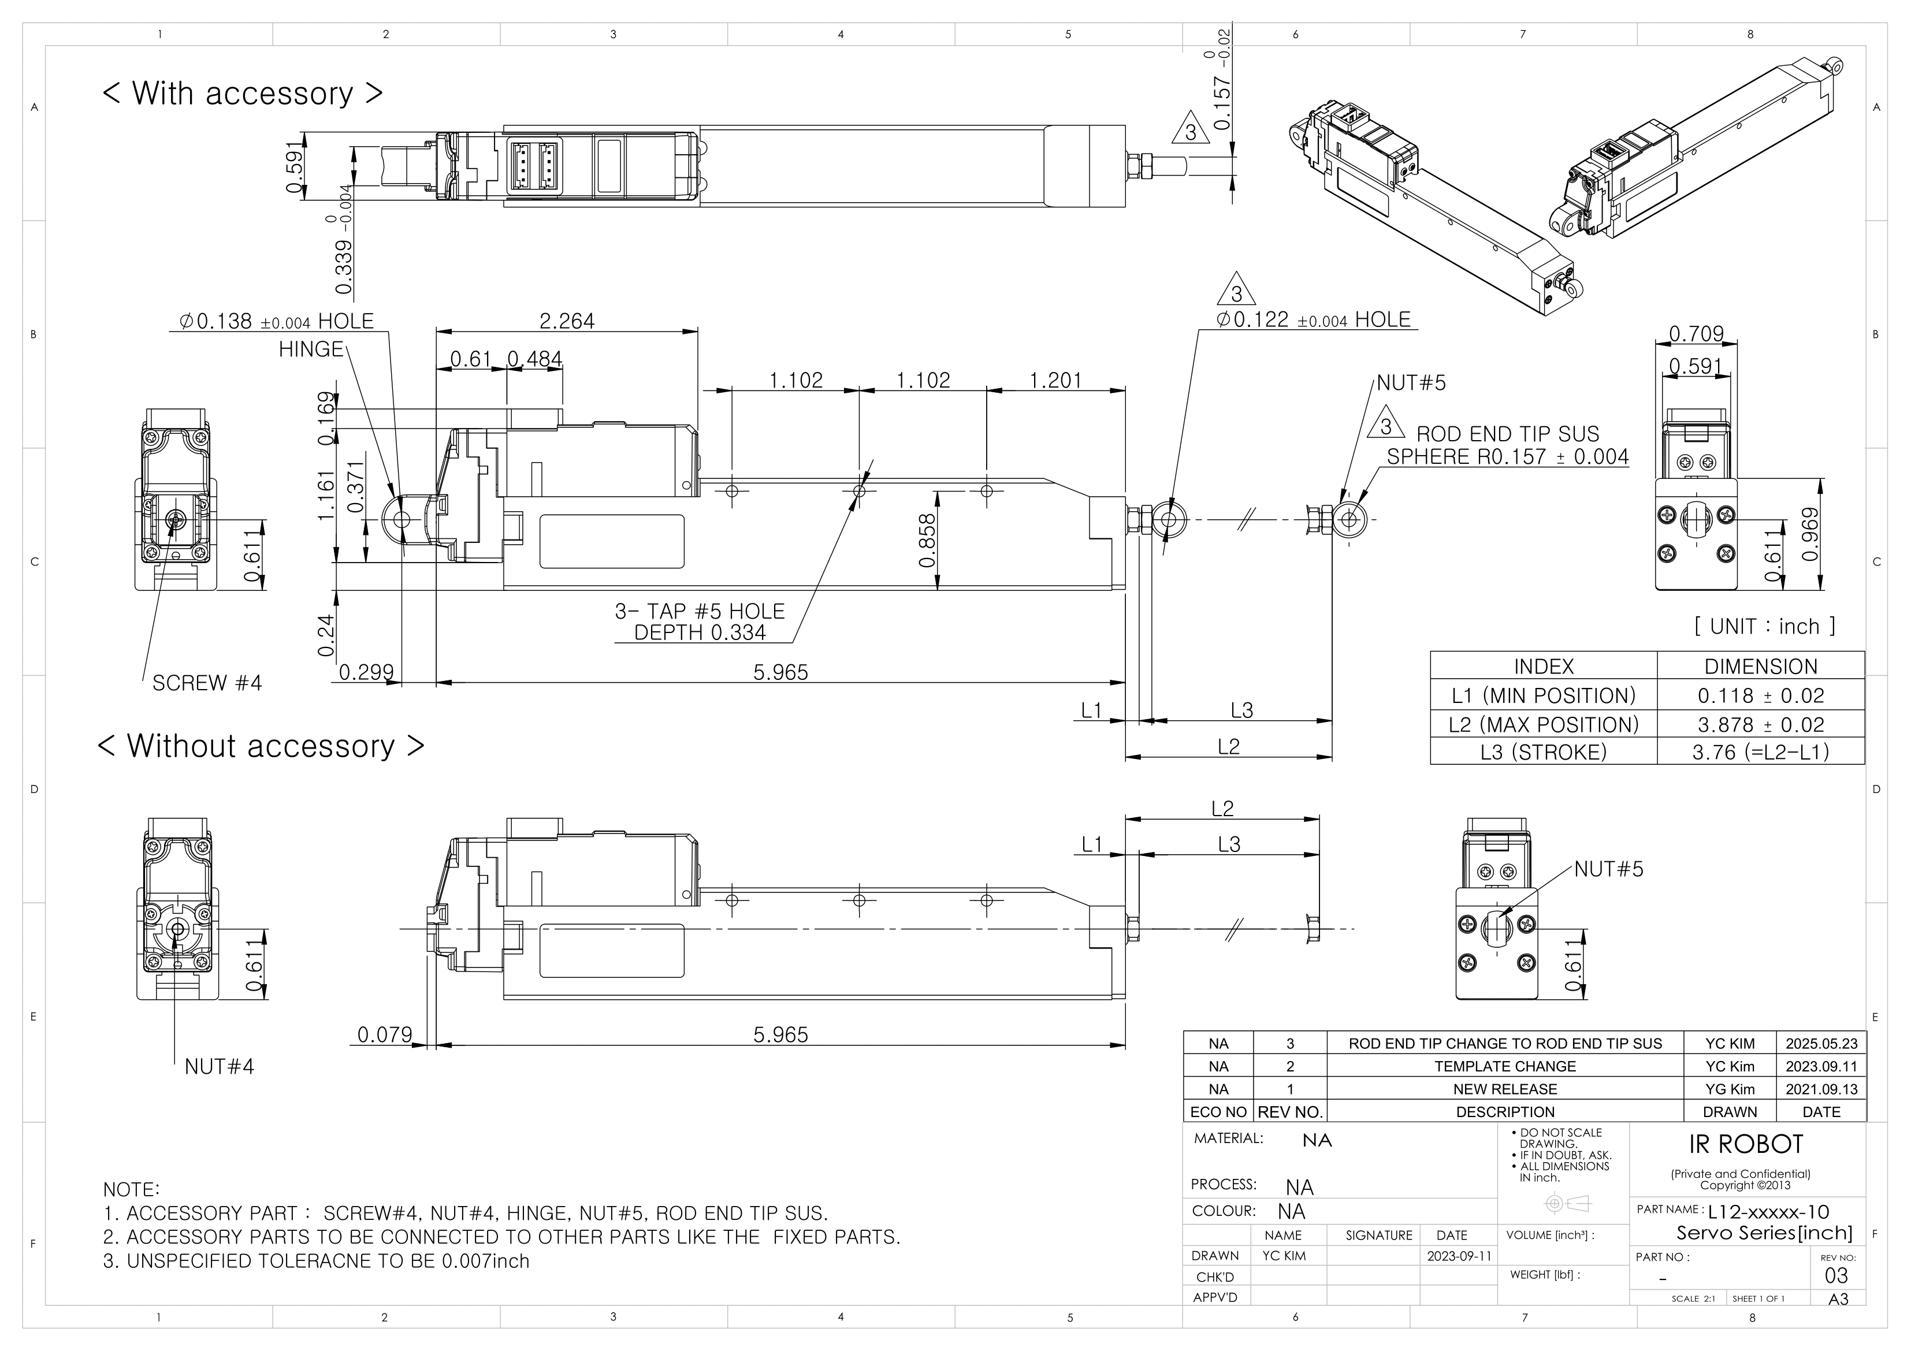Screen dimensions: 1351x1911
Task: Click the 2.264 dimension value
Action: click(x=567, y=321)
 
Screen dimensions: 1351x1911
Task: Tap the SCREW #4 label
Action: click(x=206, y=683)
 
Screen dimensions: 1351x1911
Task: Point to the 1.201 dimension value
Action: click(x=1055, y=381)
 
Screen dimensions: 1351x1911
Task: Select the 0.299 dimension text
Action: click(x=366, y=672)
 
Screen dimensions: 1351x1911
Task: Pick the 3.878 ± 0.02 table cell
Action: click(x=1760, y=724)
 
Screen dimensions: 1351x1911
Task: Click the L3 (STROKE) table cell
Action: click(x=1543, y=753)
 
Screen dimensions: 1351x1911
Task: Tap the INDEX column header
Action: click(x=1543, y=667)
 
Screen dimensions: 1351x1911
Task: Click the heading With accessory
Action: click(x=242, y=93)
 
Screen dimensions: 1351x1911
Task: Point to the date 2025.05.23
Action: click(x=1821, y=1044)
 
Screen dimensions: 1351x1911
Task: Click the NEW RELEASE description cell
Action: click(x=1505, y=1089)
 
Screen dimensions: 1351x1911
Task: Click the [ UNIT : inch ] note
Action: click(x=1764, y=626)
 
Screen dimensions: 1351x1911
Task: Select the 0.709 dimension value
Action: click(x=1696, y=334)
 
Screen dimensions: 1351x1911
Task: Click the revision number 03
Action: click(x=1835, y=1276)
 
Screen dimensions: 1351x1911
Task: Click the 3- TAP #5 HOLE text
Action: click(x=699, y=612)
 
